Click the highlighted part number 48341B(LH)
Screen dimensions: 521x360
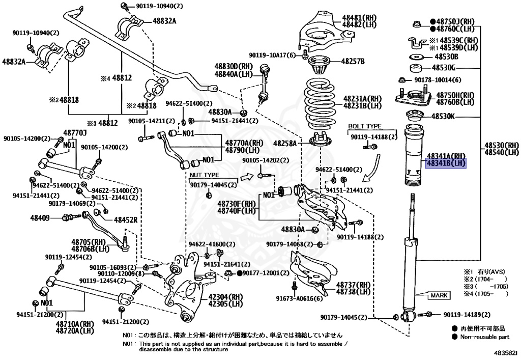click(446, 163)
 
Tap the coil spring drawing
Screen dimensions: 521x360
click(320, 104)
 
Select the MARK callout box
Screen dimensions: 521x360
click(439, 295)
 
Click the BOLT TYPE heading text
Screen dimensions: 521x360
click(364, 126)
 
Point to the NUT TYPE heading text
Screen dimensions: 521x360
click(205, 175)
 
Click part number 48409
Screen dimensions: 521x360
click(40, 218)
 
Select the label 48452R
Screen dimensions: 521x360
click(126, 220)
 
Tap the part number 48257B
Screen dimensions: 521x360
click(353, 61)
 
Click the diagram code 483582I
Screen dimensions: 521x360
click(505, 353)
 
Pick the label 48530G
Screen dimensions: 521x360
click(444, 68)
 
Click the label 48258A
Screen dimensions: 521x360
click(285, 143)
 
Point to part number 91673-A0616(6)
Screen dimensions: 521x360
click(299, 298)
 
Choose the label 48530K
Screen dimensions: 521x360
click(443, 116)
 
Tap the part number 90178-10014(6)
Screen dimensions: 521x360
click(438, 80)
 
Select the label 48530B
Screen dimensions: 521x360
click(446, 57)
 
